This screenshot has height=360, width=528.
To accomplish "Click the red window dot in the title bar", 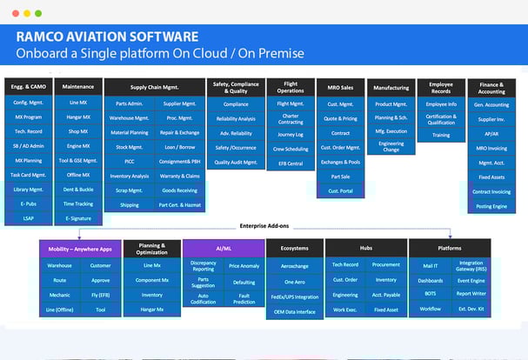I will coord(14,14).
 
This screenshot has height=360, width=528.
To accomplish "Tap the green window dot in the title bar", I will coord(38,14).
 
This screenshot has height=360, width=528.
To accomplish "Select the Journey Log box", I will coord(290,134).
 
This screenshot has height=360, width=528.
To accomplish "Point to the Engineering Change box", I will coord(391,146).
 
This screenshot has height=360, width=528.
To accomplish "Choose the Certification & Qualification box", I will coord(442,120).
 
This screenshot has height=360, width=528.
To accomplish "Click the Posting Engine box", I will coord(491,207).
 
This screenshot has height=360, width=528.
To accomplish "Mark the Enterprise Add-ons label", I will coord(264,225).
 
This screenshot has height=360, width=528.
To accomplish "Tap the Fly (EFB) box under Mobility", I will coord(100,295).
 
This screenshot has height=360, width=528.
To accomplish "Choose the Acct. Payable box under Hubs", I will coord(385,295).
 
